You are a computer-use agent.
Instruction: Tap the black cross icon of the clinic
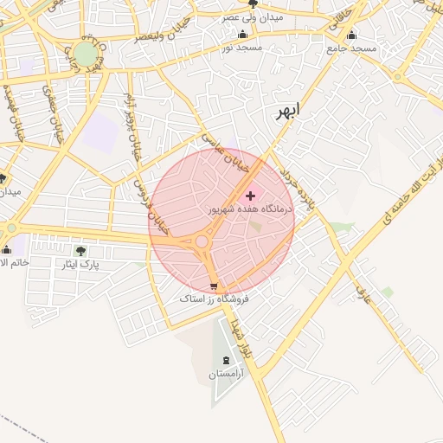click(x=251, y=196)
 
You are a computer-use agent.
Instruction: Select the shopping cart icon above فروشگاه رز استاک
click(x=214, y=286)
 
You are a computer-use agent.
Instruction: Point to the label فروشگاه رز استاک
click(x=214, y=299)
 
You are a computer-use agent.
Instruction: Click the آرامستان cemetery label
click(x=228, y=375)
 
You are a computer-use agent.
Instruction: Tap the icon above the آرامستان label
click(x=227, y=360)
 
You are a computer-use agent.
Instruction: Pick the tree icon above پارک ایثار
click(x=80, y=251)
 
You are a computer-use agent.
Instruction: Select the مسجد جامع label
click(x=353, y=48)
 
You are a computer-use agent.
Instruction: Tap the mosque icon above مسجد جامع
click(x=351, y=35)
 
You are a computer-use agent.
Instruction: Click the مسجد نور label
click(x=241, y=48)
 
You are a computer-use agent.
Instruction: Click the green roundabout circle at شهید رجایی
click(x=85, y=54)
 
